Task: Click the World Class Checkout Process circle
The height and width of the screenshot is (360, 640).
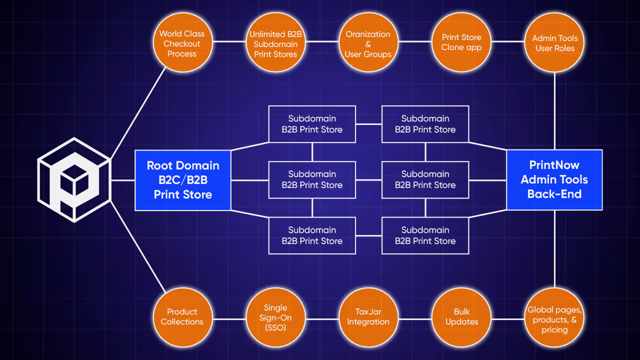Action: [182, 43]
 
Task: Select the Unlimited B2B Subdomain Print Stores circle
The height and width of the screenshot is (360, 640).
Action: [275, 43]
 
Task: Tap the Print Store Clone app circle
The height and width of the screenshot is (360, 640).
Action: [461, 42]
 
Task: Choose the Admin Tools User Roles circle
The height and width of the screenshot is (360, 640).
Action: [554, 43]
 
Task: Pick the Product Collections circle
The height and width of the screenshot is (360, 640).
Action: [182, 317]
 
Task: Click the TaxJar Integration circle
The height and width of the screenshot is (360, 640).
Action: [368, 317]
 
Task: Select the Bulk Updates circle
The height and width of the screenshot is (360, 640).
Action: [461, 317]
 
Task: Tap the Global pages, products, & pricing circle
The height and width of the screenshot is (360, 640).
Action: [554, 319]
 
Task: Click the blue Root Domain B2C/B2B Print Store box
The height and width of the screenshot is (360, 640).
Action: [183, 180]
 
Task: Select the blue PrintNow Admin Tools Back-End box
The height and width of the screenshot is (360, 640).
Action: [554, 180]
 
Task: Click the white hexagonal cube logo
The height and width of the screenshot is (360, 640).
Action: [74, 180]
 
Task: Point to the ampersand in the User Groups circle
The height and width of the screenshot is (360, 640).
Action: [368, 44]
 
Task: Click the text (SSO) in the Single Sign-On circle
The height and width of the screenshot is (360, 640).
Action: [275, 327]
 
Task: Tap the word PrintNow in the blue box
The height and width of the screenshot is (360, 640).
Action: [554, 165]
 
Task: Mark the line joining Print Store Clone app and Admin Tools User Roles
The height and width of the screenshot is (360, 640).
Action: [507, 42]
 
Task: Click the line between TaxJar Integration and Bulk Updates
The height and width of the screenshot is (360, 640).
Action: [414, 319]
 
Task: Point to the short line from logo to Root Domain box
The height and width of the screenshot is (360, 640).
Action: [122, 180]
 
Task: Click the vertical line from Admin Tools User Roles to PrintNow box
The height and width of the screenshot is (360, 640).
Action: [554, 110]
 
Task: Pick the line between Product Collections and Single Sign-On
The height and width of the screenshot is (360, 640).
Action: [228, 319]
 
